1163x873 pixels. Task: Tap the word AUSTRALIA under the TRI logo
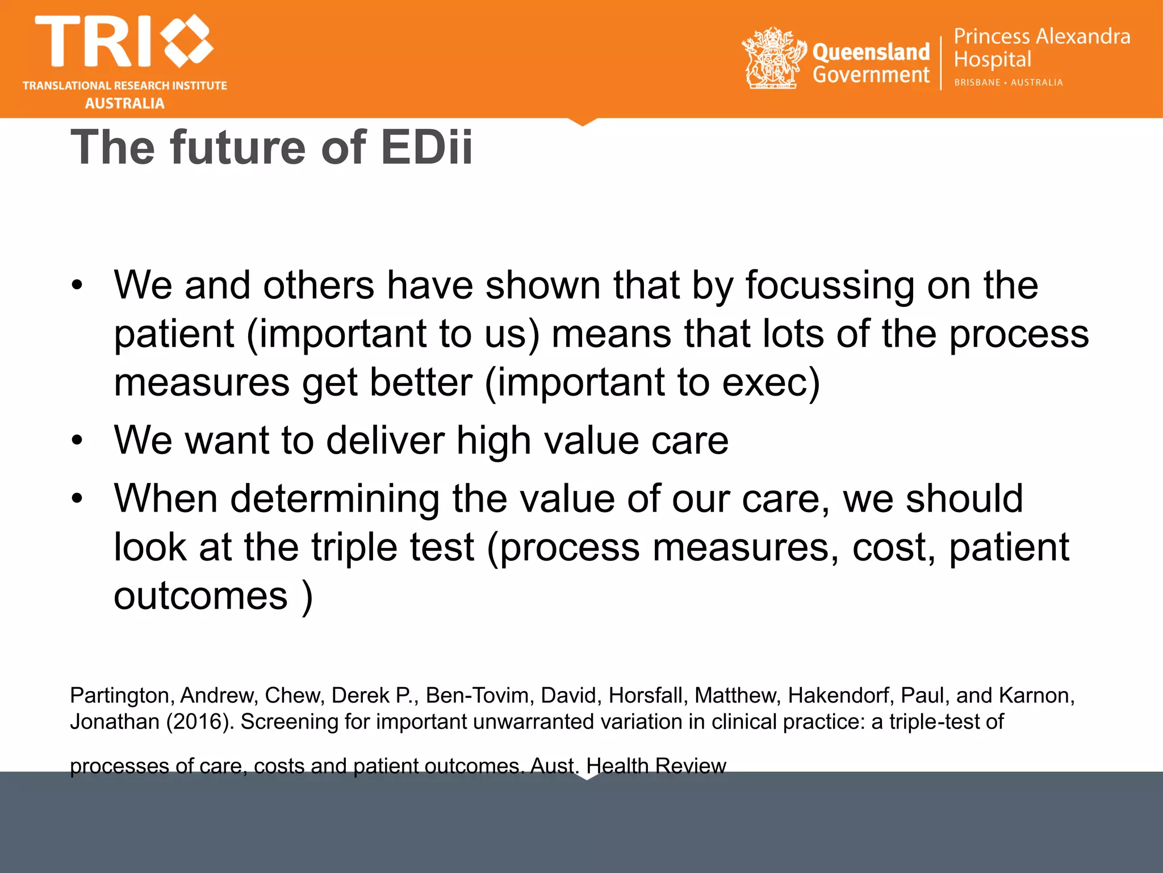[124, 103]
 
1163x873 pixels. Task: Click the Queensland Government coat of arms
[773, 58]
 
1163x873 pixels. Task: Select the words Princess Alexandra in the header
[1041, 36]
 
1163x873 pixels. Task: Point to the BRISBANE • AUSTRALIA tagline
[1008, 82]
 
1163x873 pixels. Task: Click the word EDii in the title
[426, 148]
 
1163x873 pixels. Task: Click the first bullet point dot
[77, 285]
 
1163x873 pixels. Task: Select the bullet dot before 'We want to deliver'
[77, 440]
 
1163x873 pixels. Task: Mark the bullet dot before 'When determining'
[77, 499]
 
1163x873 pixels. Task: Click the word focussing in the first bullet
[830, 285]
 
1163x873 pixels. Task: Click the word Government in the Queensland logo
[871, 74]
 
